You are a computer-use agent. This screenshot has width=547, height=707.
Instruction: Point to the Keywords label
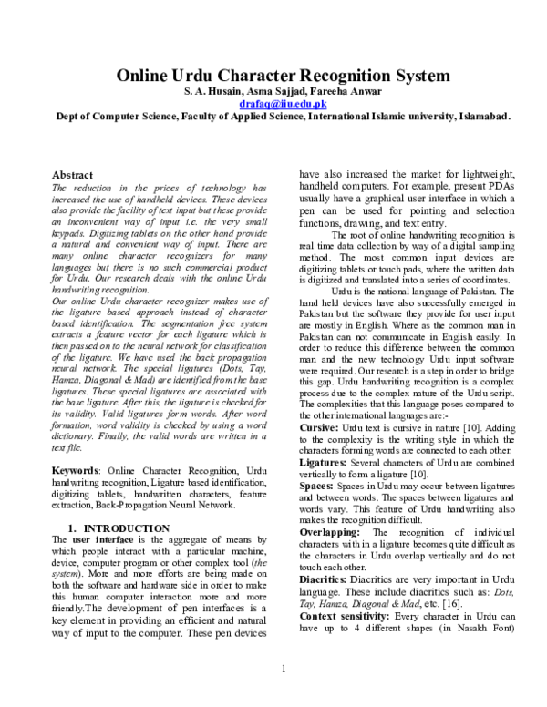(76, 469)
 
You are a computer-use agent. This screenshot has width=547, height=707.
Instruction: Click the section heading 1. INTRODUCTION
(119, 528)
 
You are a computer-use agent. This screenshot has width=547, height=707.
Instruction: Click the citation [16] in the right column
(453, 604)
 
